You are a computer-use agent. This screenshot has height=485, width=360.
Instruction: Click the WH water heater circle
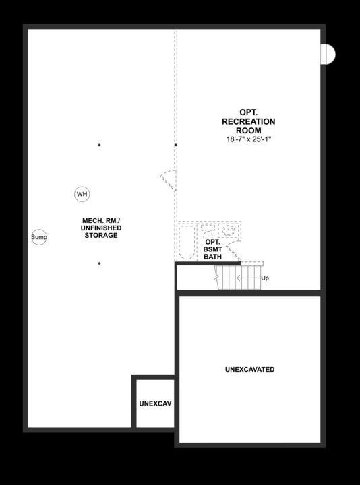[x=82, y=195]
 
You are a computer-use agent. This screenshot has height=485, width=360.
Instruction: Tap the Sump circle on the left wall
[x=39, y=238]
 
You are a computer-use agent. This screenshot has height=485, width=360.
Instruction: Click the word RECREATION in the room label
[x=248, y=121]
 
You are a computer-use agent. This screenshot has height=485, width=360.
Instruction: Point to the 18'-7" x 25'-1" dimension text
[x=248, y=139]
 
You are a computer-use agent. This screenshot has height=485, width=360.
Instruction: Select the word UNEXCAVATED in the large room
[x=249, y=370]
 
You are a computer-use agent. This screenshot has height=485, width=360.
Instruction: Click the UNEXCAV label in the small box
[x=155, y=403]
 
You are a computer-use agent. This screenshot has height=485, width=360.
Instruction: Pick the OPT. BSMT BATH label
[x=212, y=249]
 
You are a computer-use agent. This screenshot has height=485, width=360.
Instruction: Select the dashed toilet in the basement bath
[x=206, y=229]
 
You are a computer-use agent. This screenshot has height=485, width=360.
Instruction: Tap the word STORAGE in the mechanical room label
[x=101, y=236]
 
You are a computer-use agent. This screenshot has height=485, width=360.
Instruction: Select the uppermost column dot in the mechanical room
[x=99, y=145]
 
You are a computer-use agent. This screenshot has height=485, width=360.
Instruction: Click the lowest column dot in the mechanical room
[x=99, y=263]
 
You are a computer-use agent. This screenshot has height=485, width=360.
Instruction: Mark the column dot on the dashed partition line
[x=176, y=145]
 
